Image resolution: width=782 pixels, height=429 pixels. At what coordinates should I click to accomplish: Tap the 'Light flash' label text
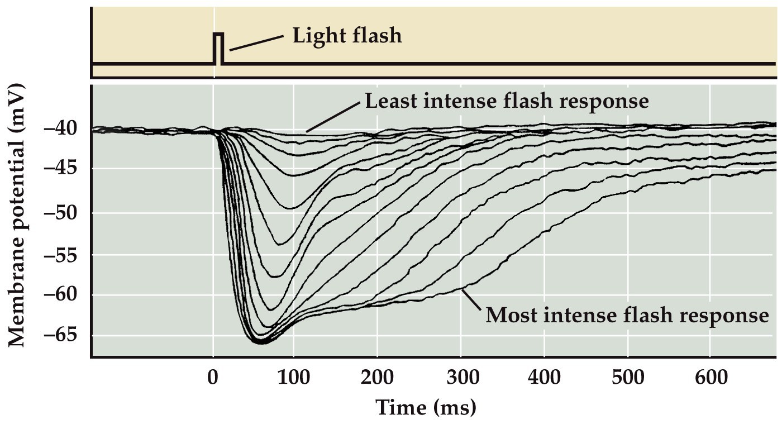pyautogui.click(x=347, y=36)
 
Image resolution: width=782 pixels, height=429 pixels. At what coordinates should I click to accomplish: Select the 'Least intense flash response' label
pyautogui.click(x=506, y=101)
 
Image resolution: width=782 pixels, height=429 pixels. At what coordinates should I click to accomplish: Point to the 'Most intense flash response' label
pyautogui.click(x=627, y=315)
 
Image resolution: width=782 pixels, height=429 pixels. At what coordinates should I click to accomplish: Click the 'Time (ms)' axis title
pyautogui.click(x=425, y=408)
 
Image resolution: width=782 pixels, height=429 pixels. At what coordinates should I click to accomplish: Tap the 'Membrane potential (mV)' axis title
pyautogui.click(x=18, y=215)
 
